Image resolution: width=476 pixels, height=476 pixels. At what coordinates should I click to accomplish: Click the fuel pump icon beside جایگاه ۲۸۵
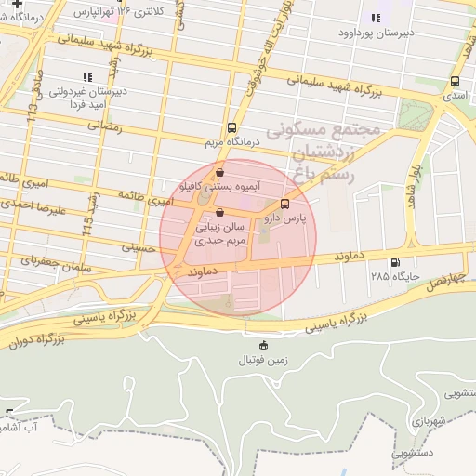tap(397, 262)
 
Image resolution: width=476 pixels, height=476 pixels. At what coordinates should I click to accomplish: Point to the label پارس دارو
tap(284, 218)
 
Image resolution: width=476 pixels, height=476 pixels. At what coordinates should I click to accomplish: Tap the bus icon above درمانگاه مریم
tap(231, 128)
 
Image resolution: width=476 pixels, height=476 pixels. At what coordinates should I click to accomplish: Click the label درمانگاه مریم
tap(231, 143)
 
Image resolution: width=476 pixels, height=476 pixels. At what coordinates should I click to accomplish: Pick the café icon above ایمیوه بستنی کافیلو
tap(219, 172)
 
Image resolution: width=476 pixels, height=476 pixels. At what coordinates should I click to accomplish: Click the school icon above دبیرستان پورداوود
tap(376, 18)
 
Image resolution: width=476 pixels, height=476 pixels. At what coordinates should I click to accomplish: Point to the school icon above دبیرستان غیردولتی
tap(87, 77)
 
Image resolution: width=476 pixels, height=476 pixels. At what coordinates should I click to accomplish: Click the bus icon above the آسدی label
tap(455, 81)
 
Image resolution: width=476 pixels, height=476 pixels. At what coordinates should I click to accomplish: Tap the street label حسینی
tap(139, 247)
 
